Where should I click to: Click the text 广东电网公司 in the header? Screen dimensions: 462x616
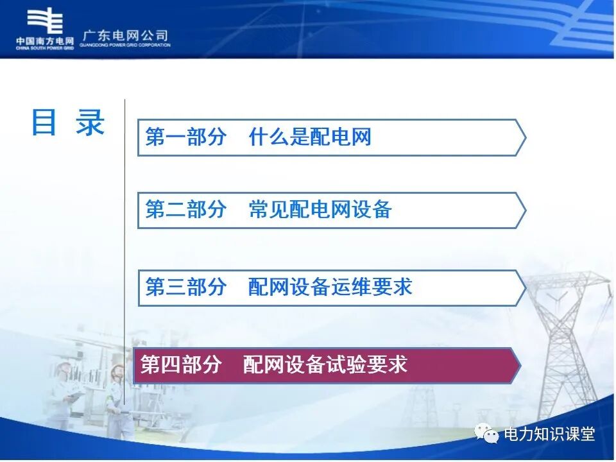point(126,35)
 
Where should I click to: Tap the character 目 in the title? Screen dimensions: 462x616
point(44,122)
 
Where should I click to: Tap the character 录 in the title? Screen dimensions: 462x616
point(90,122)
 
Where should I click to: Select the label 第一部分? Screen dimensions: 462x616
point(186,137)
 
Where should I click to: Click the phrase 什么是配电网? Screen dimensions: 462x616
point(310,137)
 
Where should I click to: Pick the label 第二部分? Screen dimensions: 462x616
point(186,210)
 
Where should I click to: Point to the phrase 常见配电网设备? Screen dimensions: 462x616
point(320,210)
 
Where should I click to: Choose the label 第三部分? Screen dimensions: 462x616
point(186,287)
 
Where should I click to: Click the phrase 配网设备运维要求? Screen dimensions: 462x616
point(330,287)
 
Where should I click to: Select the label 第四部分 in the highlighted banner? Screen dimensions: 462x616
point(181,365)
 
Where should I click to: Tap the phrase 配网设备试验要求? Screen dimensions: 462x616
point(325,365)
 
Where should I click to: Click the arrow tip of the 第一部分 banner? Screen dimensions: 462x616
point(522,137)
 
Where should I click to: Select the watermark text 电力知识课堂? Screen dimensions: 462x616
point(550,434)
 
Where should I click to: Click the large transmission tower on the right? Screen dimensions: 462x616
point(565,334)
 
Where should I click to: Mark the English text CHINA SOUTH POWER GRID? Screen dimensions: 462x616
point(45,47)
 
